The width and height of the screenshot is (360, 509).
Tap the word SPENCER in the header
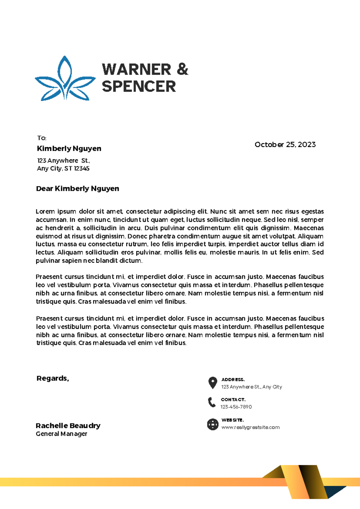[139, 87]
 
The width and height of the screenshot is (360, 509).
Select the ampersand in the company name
[182, 69]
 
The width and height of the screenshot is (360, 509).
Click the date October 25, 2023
[285, 144]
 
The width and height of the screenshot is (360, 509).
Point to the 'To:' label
[42, 138]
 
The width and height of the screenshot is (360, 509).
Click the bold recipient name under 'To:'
[69, 148]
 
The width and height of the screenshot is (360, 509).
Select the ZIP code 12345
[82, 168]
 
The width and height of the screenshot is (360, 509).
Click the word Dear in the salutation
[44, 189]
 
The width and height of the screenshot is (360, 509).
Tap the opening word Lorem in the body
[45, 212]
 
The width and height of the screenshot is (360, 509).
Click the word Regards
[52, 378]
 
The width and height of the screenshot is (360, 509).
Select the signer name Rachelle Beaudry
[68, 426]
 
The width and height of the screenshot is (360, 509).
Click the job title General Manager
[61, 434]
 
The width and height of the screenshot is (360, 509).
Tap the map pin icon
[213, 382]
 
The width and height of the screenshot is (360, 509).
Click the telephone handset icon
[212, 402]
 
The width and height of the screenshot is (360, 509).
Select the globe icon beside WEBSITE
[213, 424]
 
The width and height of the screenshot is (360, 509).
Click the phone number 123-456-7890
[236, 407]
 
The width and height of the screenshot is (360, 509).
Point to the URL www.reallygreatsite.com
[250, 427]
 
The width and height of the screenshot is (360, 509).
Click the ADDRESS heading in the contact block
[233, 380]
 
